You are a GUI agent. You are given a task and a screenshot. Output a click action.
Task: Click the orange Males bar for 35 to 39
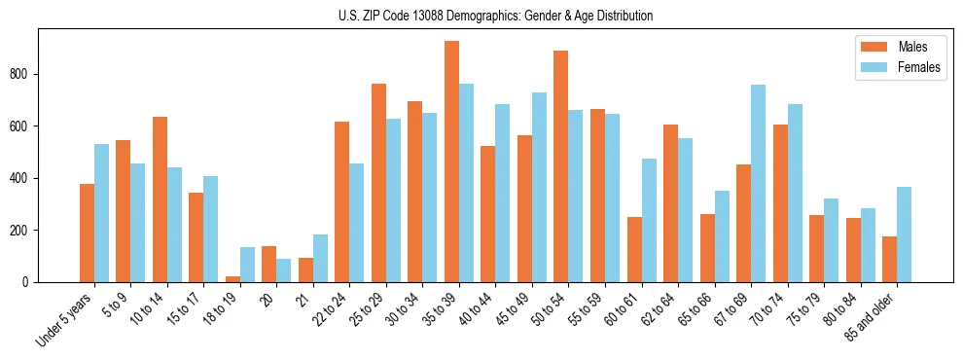(x=451, y=162)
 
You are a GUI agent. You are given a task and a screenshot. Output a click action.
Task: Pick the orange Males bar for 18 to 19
(x=232, y=279)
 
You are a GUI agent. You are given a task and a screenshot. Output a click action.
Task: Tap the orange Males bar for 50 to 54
(x=561, y=166)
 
